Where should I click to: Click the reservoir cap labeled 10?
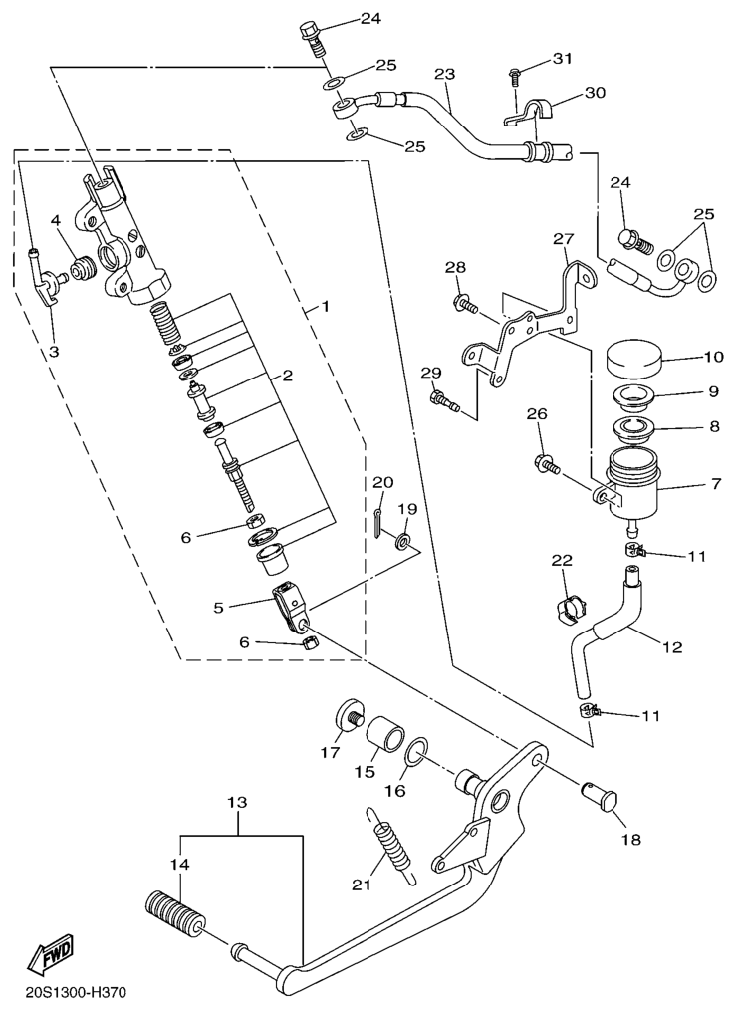(x=633, y=356)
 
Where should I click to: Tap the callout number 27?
(x=564, y=239)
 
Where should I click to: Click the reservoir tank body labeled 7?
(x=628, y=486)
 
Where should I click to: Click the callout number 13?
(x=236, y=802)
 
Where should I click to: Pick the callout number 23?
(x=444, y=74)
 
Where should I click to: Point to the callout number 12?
(x=672, y=647)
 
